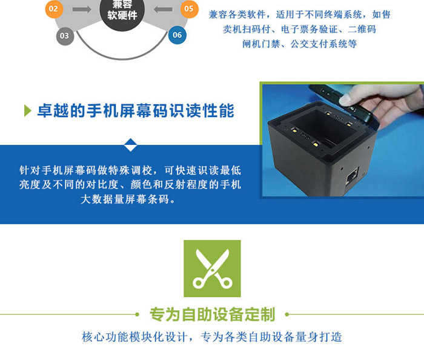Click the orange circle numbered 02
click(54, 9)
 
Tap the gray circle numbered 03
click(65, 36)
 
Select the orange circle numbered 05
click(189, 9)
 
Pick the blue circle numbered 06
click(177, 35)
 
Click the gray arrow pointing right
click(82, 10)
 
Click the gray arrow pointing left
click(163, 10)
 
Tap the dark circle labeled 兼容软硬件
click(122, 11)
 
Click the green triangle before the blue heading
click(28, 111)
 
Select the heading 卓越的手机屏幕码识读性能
click(136, 111)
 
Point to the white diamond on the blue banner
click(130, 145)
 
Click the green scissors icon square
click(212, 268)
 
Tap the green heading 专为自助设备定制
click(212, 315)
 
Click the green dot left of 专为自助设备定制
click(137, 315)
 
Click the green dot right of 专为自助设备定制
click(287, 315)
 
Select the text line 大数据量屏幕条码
click(128, 199)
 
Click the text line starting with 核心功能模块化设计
click(212, 337)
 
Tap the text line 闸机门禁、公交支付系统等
click(300, 44)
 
